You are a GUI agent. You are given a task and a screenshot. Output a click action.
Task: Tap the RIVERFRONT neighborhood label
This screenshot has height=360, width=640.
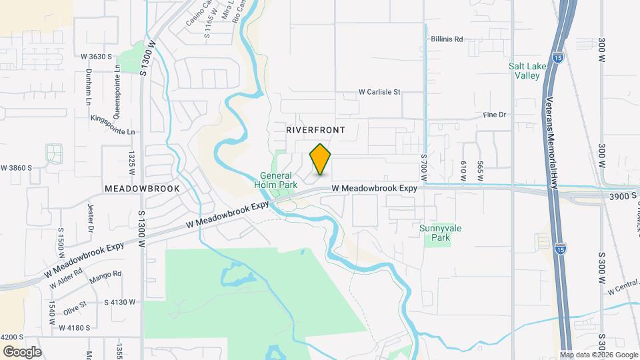pyautogui.click(x=315, y=131)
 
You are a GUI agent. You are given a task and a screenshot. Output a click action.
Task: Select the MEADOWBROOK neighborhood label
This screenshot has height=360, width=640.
pyautogui.click(x=142, y=189)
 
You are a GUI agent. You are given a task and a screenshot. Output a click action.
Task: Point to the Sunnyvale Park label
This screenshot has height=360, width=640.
pyautogui.click(x=440, y=233)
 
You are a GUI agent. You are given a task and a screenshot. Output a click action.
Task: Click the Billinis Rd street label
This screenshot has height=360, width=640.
pyautogui.click(x=447, y=39)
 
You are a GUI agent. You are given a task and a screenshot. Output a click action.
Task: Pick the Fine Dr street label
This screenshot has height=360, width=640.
pyautogui.click(x=495, y=115)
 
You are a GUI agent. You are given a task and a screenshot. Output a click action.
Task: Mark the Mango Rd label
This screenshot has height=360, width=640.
pyautogui.click(x=107, y=274)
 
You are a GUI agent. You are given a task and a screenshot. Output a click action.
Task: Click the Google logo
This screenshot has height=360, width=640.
pyautogui.click(x=22, y=351)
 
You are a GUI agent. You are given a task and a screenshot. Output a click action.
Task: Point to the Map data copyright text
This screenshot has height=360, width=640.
pyautogui.click(x=599, y=355)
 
